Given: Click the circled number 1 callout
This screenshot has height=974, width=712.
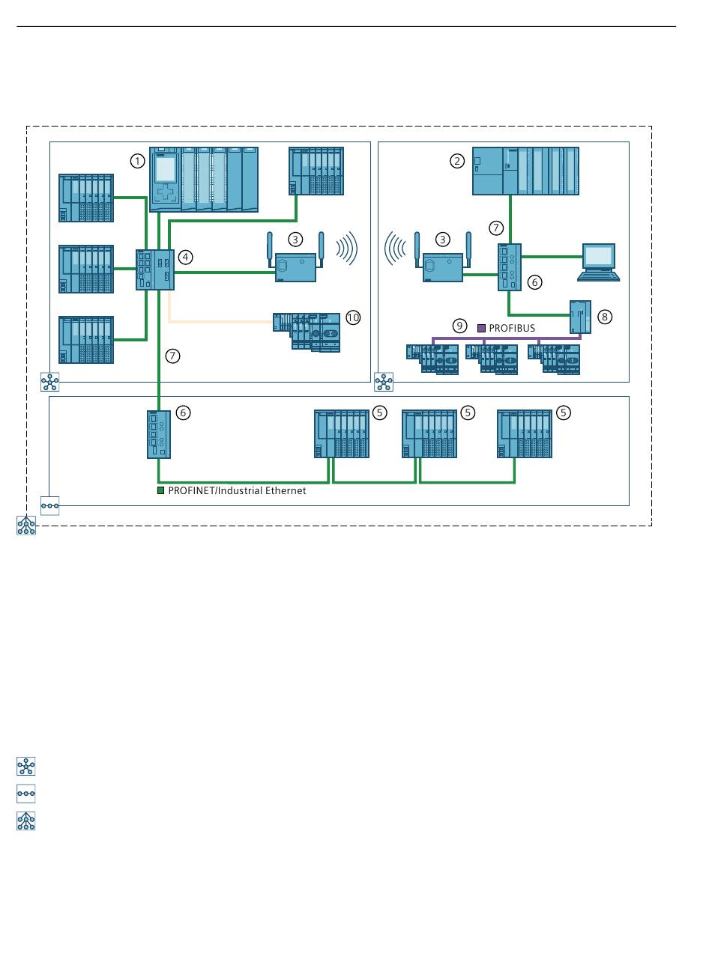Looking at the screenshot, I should tap(137, 160).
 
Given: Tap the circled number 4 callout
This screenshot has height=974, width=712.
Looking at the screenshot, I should tap(186, 257).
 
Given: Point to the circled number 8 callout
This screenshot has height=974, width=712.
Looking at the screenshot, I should tap(605, 317).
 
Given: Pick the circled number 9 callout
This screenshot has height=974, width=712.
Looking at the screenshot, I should tap(460, 326).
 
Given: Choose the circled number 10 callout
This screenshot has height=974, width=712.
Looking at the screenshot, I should tap(353, 317).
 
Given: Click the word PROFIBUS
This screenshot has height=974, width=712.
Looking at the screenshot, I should tap(512, 328).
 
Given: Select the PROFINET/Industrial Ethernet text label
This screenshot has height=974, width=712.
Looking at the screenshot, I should tap(237, 491).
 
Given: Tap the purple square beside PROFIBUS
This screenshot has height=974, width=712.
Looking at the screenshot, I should tap(482, 328).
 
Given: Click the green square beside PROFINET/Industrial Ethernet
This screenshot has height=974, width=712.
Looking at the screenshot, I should tap(160, 491).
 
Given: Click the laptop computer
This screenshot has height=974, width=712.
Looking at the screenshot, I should tap(598, 262).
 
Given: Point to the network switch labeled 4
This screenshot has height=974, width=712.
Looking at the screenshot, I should tap(155, 270).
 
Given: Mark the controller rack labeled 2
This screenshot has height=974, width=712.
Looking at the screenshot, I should tap(525, 171).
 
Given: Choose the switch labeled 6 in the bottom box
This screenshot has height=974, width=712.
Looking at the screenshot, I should tap(159, 433).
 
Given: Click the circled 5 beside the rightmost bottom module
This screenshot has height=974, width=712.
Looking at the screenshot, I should tap(564, 413).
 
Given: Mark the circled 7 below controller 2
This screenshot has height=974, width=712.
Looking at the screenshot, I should tap(495, 227).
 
